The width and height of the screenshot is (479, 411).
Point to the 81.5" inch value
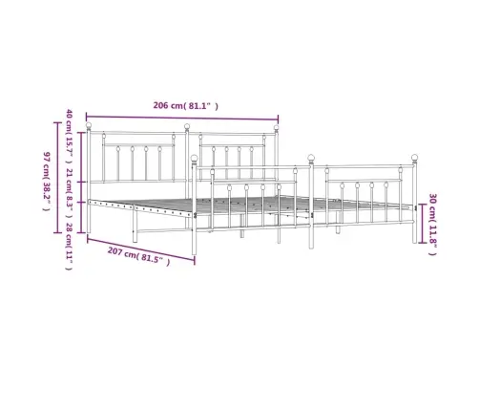click(x=154, y=259)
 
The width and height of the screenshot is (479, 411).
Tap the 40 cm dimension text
click(x=70, y=119)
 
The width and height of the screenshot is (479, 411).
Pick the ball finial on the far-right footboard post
click(x=415, y=158)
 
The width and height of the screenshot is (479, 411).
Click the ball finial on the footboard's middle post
click(x=309, y=157)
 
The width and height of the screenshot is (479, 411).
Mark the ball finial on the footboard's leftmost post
click(x=195, y=159)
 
